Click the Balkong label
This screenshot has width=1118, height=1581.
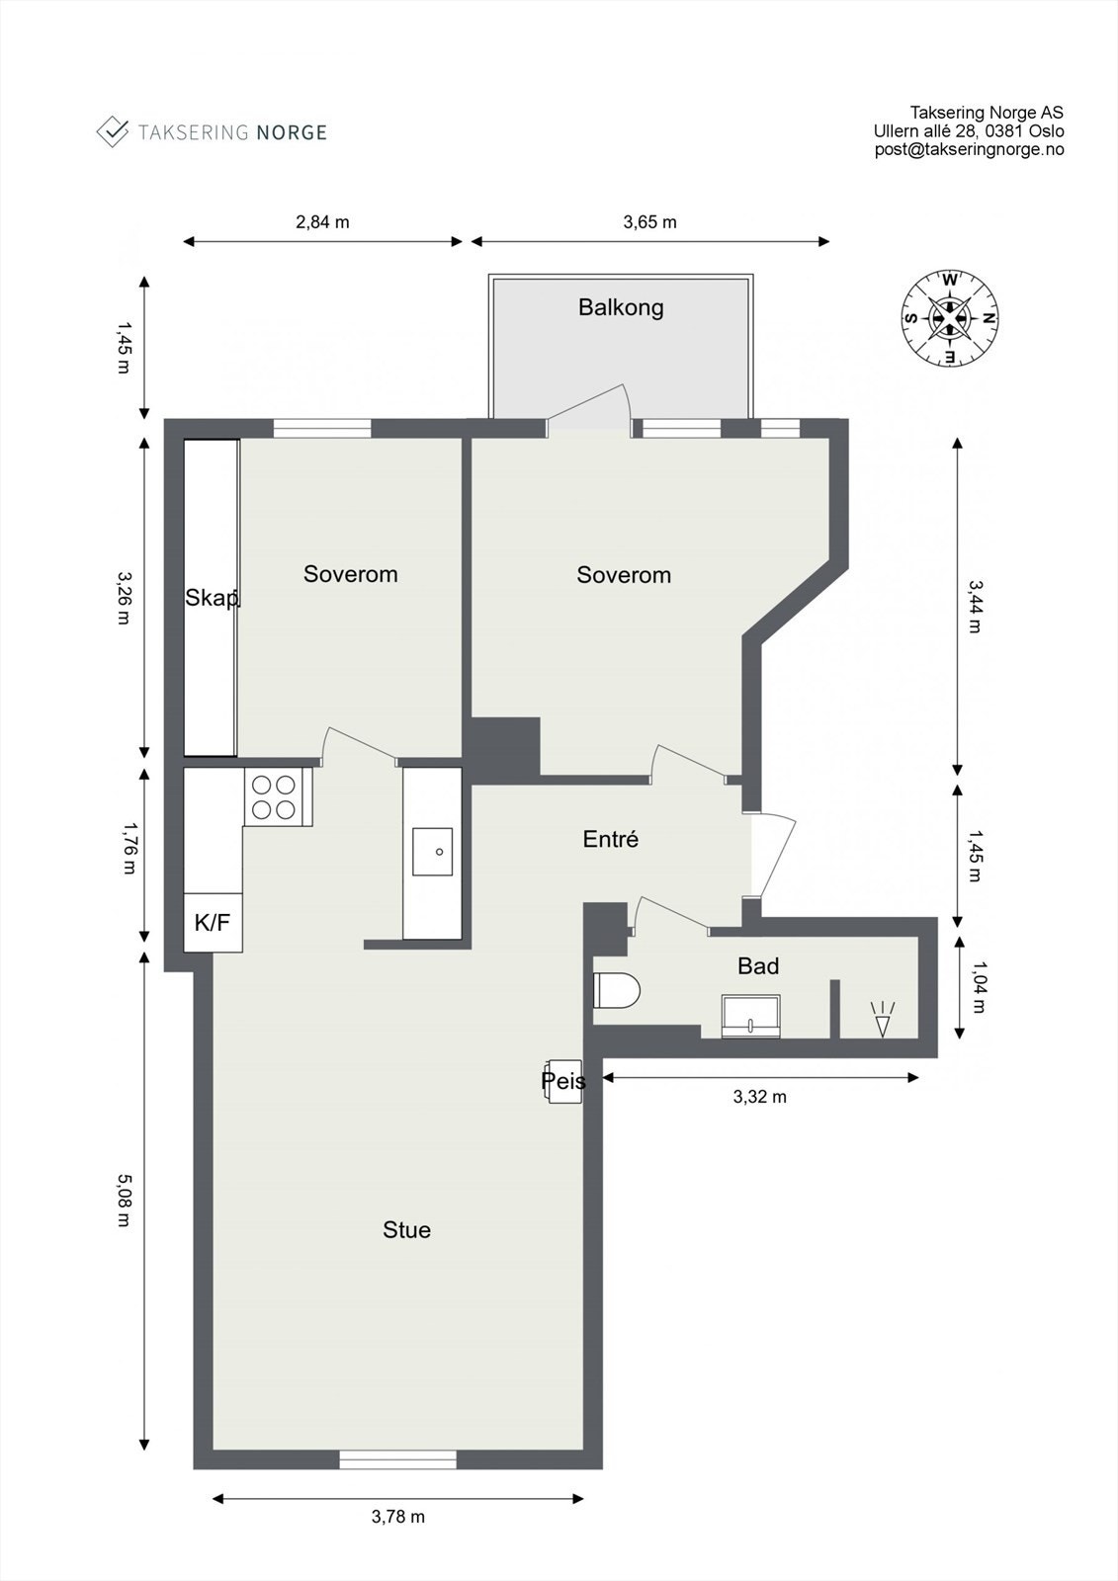coord(621,307)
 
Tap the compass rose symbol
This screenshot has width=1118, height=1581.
coord(949,318)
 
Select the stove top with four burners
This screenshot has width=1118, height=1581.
coord(274,796)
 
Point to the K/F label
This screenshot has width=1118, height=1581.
coord(213,923)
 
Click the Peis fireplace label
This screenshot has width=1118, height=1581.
coord(563,1081)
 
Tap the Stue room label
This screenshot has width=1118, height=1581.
coord(406,1230)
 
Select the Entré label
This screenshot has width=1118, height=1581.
coord(610,839)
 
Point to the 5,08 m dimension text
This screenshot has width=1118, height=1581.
coord(124,1200)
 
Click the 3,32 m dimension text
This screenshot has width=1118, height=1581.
coord(759,1097)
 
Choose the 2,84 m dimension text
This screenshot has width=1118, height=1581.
coord(322,221)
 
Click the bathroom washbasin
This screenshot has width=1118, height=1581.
coord(750,1016)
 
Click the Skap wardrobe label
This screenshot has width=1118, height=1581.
coord(212,598)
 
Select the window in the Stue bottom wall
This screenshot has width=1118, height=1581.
coord(397,1459)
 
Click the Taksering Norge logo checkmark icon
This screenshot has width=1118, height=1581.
coord(112,131)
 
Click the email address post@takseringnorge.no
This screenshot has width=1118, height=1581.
coord(969,149)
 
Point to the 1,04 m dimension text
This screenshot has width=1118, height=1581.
coord(979,987)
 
